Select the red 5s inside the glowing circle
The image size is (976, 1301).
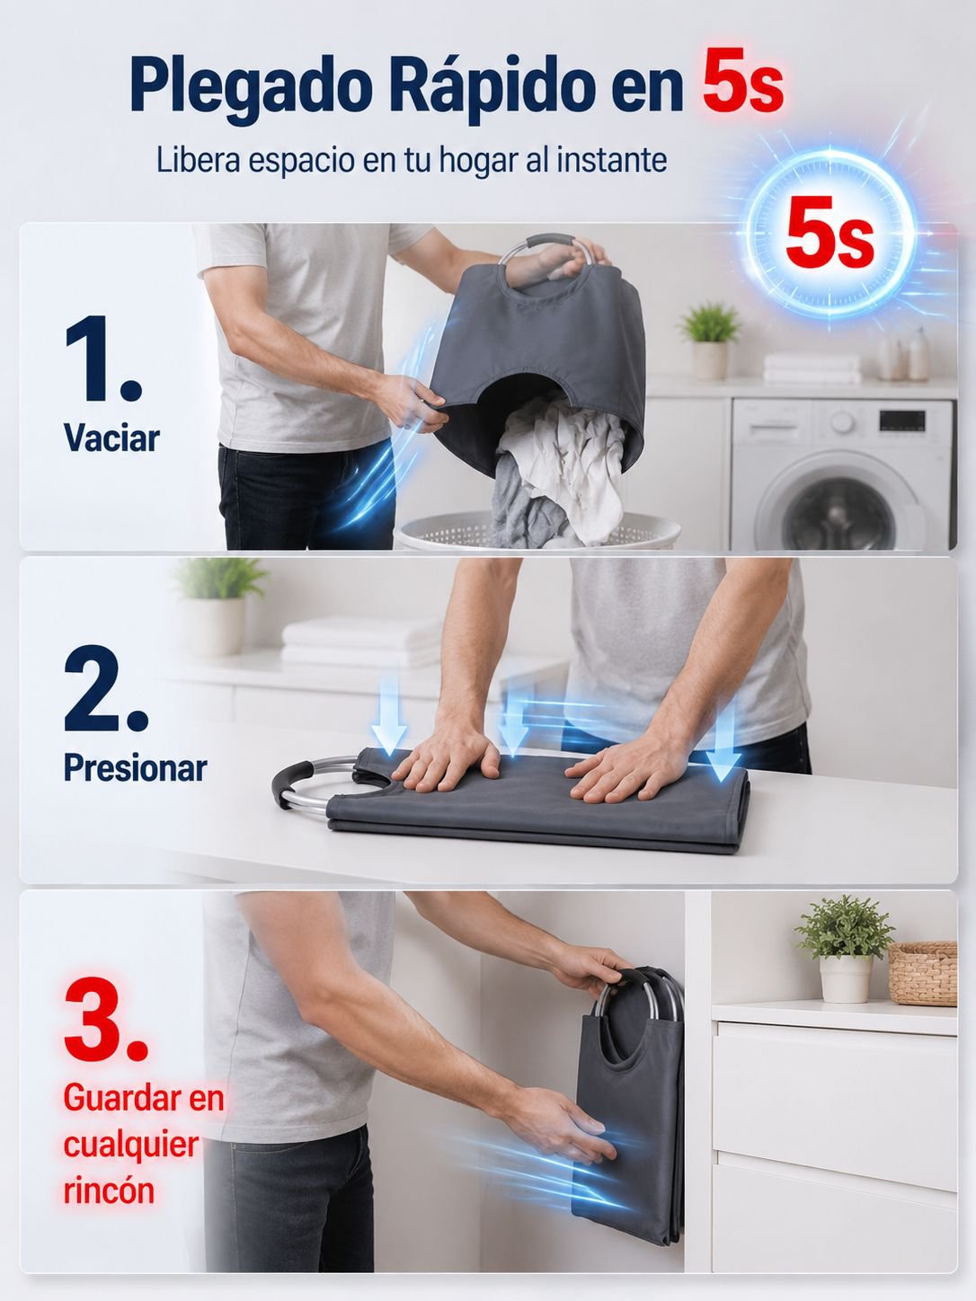tap(830, 235)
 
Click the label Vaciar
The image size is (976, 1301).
tap(111, 438)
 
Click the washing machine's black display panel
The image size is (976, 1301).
tap(902, 420)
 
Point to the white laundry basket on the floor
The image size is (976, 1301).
tap(537, 530)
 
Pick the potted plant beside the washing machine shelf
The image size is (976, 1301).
tap(710, 341)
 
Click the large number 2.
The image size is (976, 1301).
tap(105, 689)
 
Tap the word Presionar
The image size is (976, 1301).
tap(135, 767)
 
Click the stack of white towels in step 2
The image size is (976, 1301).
tap(361, 643)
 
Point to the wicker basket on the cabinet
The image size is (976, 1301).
tap(923, 973)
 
